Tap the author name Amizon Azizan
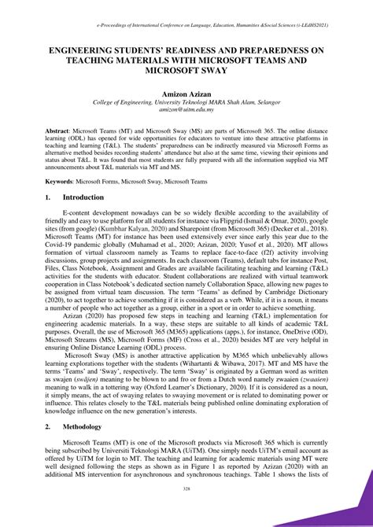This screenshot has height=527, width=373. tap(186, 94)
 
